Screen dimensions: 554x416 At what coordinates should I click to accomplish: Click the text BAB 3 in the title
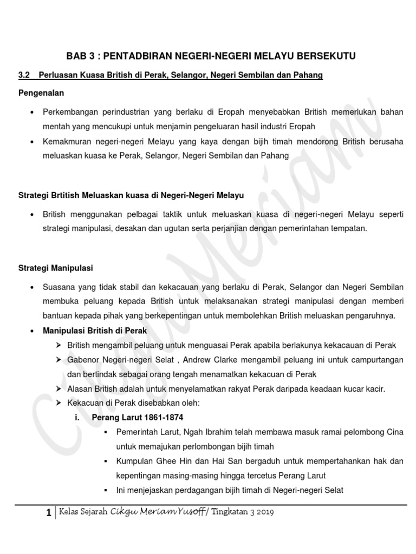pyautogui.click(x=80, y=57)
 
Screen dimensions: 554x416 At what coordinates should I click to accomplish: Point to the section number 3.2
pyautogui.click(x=25, y=76)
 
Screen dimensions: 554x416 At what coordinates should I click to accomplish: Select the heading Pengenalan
pyautogui.click(x=41, y=93)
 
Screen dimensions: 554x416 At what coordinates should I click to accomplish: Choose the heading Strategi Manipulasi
pyautogui.click(x=56, y=268)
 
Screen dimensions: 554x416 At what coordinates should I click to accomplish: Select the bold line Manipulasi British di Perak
pyautogui.click(x=95, y=331)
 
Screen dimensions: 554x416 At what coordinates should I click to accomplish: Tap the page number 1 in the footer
pyautogui.click(x=49, y=513)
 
